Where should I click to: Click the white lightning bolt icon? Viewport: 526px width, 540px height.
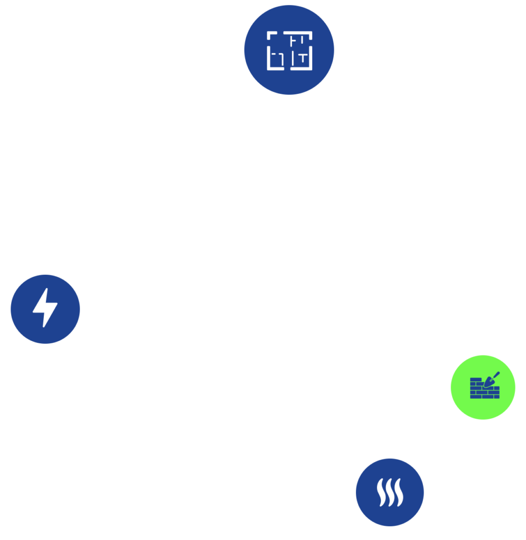tap(45, 308)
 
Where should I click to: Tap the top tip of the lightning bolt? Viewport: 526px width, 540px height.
tap(47, 289)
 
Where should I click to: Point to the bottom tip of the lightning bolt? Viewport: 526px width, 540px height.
tap(43, 327)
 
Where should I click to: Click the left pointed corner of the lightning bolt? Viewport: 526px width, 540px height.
tap(33, 311)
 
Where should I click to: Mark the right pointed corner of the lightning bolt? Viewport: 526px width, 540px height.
tap(57, 305)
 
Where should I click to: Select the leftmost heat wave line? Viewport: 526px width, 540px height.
tap(380, 493)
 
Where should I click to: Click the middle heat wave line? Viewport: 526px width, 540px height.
tap(390, 493)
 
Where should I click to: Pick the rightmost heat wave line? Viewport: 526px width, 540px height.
tap(399, 493)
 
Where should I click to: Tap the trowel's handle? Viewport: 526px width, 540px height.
tap(496, 374)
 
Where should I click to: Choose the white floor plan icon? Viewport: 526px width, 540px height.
tap(289, 50)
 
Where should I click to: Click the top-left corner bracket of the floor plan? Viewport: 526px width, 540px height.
tap(270, 35)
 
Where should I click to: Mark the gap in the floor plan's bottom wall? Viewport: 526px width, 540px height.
tap(288, 68)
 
